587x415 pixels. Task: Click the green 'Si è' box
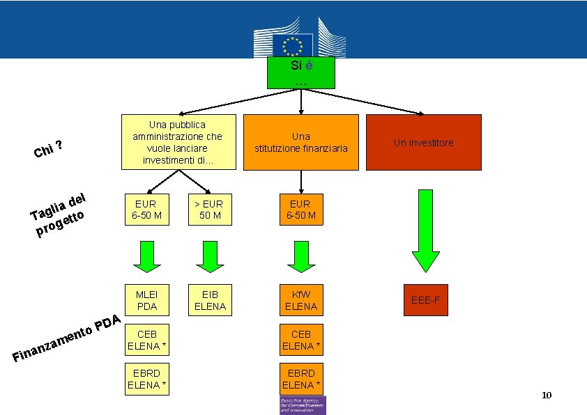[300, 72]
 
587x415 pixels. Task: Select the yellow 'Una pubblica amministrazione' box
[178, 142]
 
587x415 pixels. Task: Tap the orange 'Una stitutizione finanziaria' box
[301, 142]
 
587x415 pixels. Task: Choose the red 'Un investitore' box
[423, 142]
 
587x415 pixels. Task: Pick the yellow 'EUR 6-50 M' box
[146, 210]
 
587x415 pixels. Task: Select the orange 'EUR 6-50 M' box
[301, 210]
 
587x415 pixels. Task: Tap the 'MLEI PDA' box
[146, 300]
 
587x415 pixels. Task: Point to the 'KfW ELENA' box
[301, 300]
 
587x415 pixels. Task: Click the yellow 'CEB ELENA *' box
[146, 340]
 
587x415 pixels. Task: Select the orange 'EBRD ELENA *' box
[301, 379]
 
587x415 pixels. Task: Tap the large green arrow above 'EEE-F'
[425, 230]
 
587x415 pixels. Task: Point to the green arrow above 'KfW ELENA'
[301, 256]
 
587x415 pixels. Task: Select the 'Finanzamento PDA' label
[68, 340]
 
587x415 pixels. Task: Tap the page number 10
[547, 396]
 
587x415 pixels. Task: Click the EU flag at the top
[289, 46]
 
